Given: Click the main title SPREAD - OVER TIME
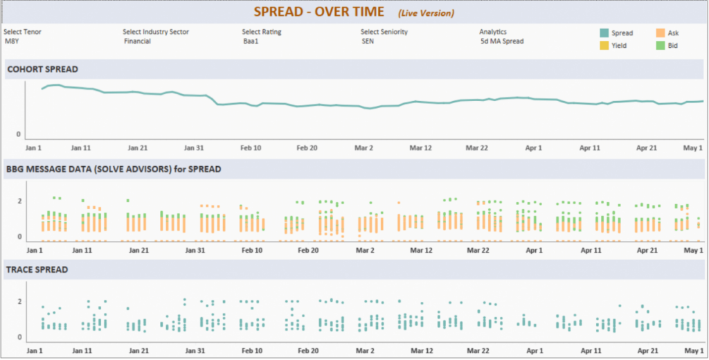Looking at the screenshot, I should coord(318,12).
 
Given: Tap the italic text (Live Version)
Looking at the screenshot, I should coord(426,13).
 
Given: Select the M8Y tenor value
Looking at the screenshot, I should coord(12,42).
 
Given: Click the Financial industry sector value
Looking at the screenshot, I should coord(137,42).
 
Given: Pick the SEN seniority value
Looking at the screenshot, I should coord(368,42).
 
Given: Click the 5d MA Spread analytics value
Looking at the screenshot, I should coord(502,42).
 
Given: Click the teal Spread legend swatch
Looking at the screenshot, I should coord(604,33).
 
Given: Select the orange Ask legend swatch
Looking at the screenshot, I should coord(660,33).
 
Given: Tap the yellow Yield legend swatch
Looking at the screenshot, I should coord(604,46).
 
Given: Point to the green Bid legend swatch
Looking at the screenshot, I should coord(660,46).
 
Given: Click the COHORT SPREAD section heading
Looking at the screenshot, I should coord(42,69).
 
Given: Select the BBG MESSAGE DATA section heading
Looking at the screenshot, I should coord(114,169).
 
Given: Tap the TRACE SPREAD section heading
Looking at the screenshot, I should coord(37,269).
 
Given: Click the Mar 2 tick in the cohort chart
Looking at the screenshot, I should coord(364,147).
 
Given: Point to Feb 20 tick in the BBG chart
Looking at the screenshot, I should coord(307,250).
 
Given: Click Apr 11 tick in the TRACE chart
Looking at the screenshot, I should coord(590,351).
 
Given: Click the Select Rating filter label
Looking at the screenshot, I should coord(261,32).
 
